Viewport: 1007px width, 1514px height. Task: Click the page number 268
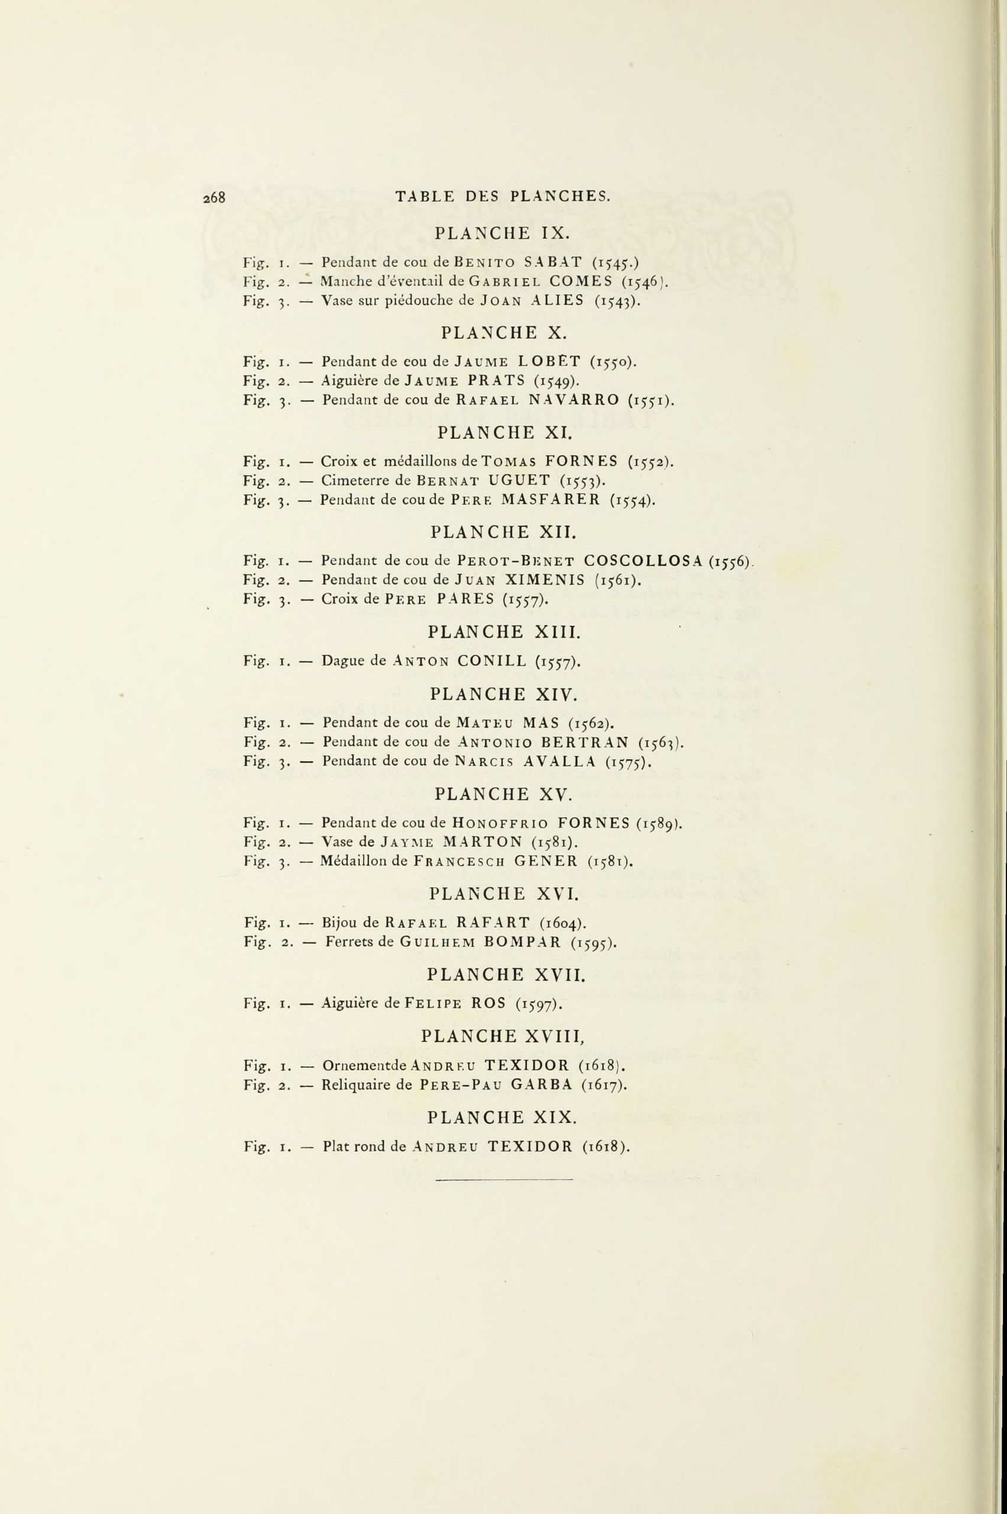(215, 198)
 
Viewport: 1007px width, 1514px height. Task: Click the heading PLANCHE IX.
(503, 232)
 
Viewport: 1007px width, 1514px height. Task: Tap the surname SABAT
(552, 262)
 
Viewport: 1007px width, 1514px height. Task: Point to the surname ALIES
(558, 300)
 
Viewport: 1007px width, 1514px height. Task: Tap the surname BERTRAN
(585, 743)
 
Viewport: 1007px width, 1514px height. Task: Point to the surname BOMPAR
(520, 943)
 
